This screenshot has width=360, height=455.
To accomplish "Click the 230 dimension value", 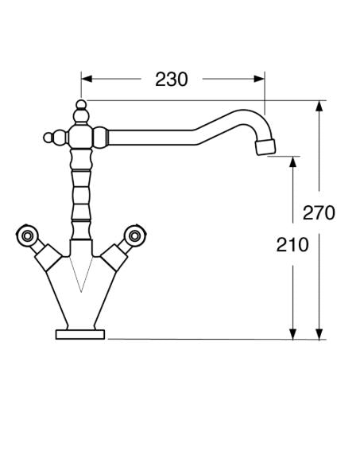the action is tap(172, 80).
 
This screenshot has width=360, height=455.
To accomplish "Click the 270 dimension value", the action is tap(319, 212).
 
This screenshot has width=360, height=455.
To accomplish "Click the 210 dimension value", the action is tap(292, 245).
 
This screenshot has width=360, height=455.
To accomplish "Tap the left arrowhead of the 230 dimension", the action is tap(87, 79).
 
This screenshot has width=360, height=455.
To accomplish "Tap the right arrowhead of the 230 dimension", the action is tap(259, 79).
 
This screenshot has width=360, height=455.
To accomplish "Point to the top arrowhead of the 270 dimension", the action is tap(319, 107).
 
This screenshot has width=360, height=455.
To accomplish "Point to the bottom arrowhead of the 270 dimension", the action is tap(319, 334).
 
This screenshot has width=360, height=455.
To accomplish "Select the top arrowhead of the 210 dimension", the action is tap(293, 162).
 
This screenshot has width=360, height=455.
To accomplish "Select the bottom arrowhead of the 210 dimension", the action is tap(293, 334).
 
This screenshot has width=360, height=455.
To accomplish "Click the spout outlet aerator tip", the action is tap(265, 147).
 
